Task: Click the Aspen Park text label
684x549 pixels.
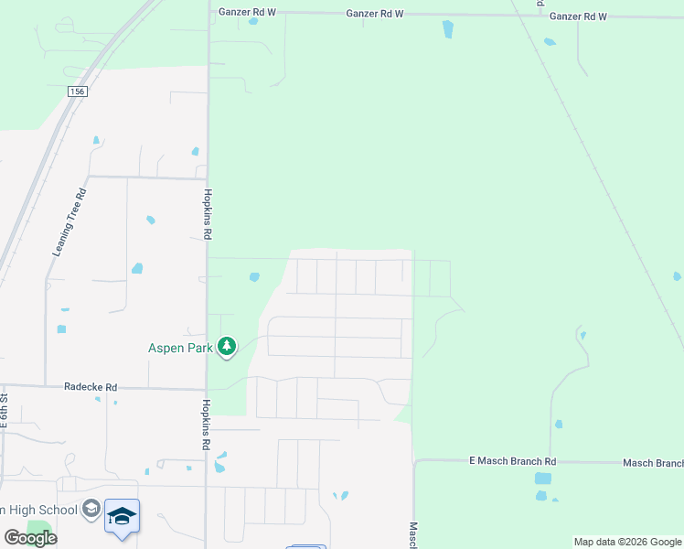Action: pos(181,348)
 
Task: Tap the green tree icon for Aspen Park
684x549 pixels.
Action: pos(227,347)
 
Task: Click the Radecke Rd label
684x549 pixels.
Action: pos(91,387)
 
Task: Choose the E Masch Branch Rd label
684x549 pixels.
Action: pos(512,461)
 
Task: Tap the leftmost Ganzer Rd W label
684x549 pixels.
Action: pos(248,14)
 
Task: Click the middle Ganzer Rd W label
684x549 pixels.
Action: pos(375,15)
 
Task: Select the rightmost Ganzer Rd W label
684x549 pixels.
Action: pos(578,16)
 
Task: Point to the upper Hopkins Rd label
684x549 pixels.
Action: pos(208,214)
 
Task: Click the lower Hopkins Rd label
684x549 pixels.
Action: pos(208,425)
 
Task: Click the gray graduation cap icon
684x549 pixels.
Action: pos(91,509)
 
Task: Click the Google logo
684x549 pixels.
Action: pos(30,538)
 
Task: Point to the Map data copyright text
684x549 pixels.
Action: pos(627,543)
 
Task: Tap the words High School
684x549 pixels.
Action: pos(46,510)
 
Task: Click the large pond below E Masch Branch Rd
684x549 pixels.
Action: pos(543,479)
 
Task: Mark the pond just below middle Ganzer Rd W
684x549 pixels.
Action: pos(447,29)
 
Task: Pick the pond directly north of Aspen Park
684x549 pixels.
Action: pos(254,276)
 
